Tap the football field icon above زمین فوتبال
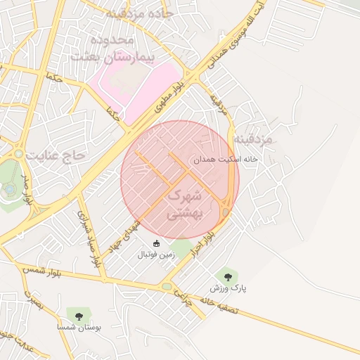pyautogui.click(x=156, y=243)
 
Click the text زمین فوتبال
pyautogui.click(x=156, y=255)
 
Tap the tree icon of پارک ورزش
pyautogui.click(x=226, y=276)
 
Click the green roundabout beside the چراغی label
pyautogui.click(x=167, y=287)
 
